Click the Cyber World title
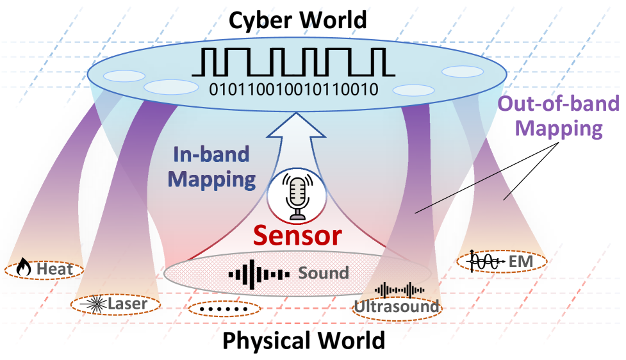298,19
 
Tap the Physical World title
304,340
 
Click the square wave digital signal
293,62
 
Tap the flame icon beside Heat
24,268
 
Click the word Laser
128,304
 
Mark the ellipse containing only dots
225,309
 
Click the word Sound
324,273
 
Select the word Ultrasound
397,307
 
